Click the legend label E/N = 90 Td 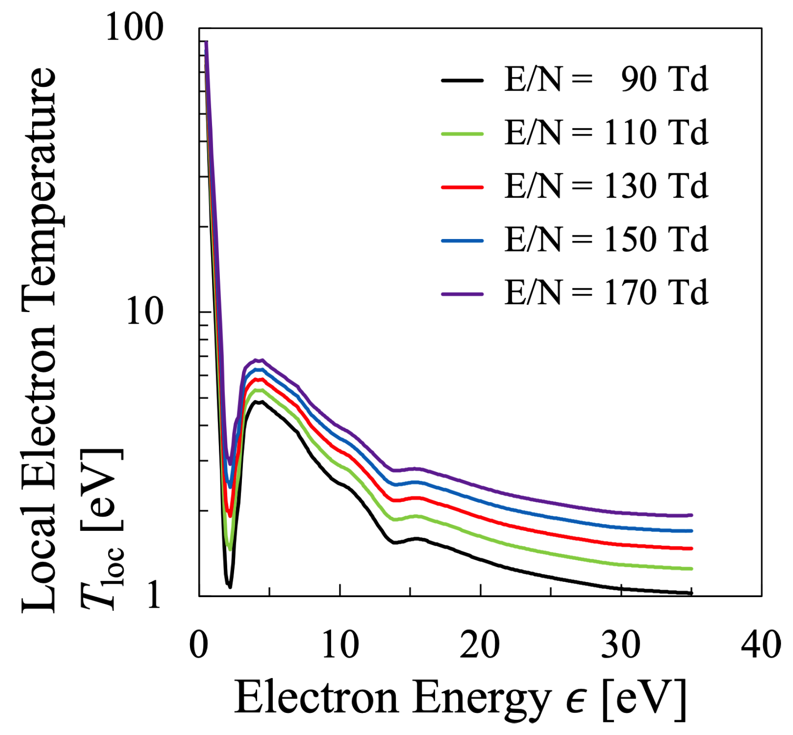tap(606, 80)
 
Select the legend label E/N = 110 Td tap(606, 133)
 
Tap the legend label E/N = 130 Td tap(606, 187)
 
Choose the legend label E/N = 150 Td tap(606, 240)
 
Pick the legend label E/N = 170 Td tap(606, 293)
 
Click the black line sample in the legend tap(462, 80)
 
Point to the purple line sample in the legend tap(462, 294)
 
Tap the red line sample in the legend tap(462, 187)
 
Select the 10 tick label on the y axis tap(144, 312)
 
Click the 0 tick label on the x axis tap(199, 644)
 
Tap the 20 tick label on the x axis tap(480, 644)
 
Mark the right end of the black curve tap(691, 593)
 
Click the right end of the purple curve tap(691, 515)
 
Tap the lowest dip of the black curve tap(230, 587)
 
